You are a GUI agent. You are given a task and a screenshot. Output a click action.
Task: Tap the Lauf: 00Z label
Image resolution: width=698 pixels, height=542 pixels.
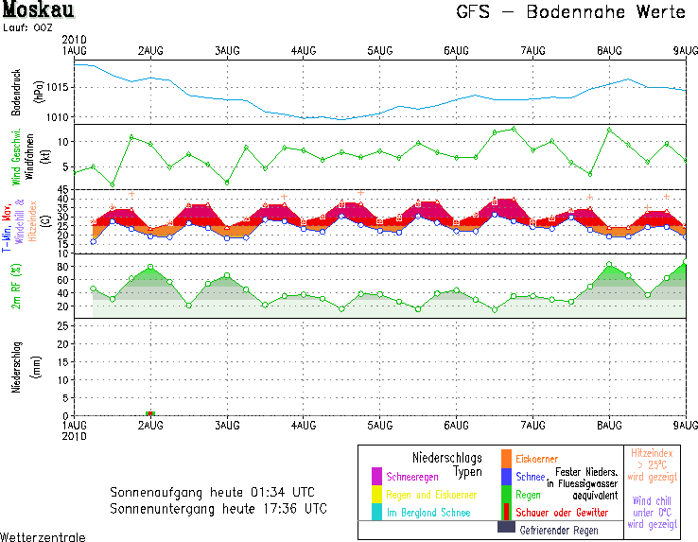pyautogui.click(x=28, y=29)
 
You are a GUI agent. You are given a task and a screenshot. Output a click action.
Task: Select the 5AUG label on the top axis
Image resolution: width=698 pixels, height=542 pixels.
pyautogui.click(x=380, y=49)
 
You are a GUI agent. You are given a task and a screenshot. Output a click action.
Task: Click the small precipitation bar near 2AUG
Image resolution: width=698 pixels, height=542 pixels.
pyautogui.click(x=149, y=413)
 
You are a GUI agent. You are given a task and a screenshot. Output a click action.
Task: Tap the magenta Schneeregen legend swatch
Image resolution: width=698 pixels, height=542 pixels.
pyautogui.click(x=375, y=475)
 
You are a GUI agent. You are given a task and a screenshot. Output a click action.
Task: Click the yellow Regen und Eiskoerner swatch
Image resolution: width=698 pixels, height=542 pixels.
pyautogui.click(x=375, y=493)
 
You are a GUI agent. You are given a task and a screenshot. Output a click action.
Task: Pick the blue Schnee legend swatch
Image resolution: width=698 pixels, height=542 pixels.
pyautogui.click(x=506, y=475)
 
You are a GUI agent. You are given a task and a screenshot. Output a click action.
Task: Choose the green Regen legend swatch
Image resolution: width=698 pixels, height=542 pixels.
pyautogui.click(x=506, y=493)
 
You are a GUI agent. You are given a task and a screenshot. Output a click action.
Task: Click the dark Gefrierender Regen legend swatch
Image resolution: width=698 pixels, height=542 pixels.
pyautogui.click(x=506, y=528)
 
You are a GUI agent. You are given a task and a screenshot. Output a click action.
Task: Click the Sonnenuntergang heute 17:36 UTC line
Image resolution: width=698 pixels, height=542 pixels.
pyautogui.click(x=218, y=508)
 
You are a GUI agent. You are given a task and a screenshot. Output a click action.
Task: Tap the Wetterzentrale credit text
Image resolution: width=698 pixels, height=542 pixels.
pyautogui.click(x=43, y=536)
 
